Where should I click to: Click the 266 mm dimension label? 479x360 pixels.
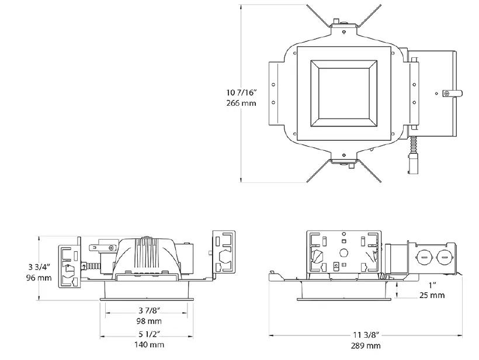click(240, 103)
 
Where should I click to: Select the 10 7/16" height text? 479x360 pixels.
click(240, 92)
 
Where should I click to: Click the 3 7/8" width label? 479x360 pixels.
click(151, 310)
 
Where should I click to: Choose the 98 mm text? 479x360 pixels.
click(151, 321)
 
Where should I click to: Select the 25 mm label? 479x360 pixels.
click(432, 295)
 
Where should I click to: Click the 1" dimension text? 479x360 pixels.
click(432, 285)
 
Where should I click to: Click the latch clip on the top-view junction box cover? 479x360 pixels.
click(451, 92)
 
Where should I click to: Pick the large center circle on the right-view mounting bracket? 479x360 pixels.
click(343, 254)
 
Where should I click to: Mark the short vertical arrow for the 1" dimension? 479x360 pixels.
click(397, 290)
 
